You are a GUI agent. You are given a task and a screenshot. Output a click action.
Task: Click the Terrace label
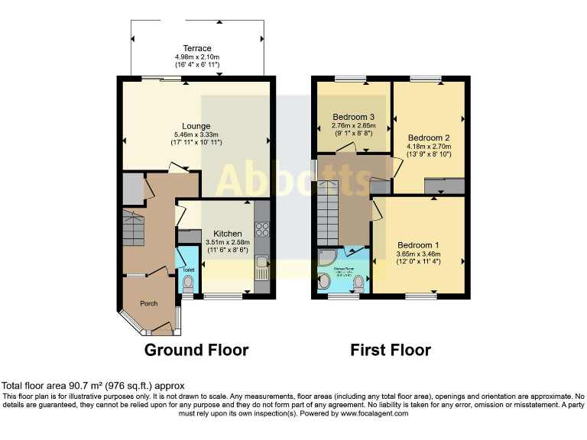[196, 49]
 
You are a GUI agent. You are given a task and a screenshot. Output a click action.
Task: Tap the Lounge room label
[196, 126]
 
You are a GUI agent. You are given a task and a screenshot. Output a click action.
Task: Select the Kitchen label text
[228, 234]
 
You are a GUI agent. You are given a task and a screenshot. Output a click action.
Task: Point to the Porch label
[148, 303]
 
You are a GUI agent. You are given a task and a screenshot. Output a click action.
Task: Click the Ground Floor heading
[196, 351]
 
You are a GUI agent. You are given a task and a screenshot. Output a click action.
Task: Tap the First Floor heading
[391, 351]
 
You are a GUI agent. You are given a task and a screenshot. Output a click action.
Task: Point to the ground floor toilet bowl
[188, 284]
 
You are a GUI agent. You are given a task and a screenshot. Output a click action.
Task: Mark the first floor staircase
[329, 209]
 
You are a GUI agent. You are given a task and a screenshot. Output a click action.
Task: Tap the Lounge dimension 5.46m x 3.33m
[196, 135]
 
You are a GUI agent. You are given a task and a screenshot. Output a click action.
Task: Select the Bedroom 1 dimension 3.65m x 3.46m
[418, 254]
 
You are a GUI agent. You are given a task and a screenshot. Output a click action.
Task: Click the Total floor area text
[92, 387]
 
